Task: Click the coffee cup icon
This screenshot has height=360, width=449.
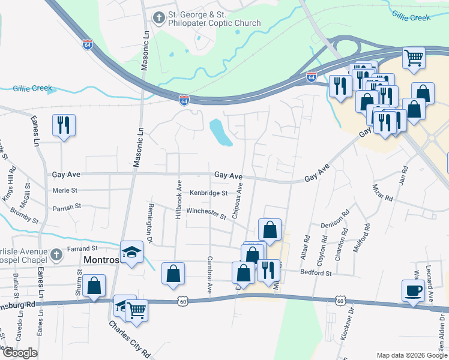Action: pos(414,291)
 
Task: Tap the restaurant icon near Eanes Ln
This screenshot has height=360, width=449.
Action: pos(64,125)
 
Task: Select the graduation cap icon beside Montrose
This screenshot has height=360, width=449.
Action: pos(132,251)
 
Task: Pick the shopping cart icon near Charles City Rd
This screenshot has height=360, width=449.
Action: pos(137,311)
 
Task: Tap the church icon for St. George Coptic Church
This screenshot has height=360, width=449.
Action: pos(159,17)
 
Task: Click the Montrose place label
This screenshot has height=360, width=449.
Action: pos(103,261)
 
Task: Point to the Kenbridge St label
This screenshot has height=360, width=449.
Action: pos(208,193)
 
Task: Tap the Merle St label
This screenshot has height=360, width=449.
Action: pos(65,190)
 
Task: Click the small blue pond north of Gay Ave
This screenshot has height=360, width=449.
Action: pos(221,133)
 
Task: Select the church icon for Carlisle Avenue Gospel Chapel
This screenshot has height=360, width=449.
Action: pos(55,254)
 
